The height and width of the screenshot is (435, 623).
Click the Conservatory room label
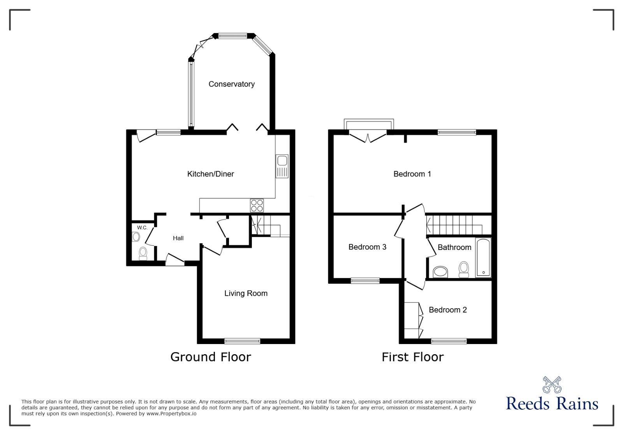click(231, 84)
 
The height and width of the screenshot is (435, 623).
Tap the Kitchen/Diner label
click(210, 174)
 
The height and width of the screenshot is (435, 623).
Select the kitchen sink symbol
click(282, 166)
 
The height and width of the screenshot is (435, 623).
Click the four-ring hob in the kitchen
click(257, 205)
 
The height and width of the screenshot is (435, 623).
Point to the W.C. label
click(142, 227)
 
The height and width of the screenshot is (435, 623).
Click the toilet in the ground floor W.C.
click(143, 253)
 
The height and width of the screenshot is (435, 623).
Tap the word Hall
click(178, 238)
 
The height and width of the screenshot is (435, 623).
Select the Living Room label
click(246, 293)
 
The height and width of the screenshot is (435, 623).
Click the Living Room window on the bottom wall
click(242, 341)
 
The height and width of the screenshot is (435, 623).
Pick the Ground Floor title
click(211, 357)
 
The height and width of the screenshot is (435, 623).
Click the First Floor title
click(412, 357)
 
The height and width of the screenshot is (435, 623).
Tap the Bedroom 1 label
click(412, 174)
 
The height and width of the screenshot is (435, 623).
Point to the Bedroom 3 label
click(367, 247)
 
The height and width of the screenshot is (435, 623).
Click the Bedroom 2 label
click(447, 310)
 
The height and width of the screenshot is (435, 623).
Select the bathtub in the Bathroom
click(483, 257)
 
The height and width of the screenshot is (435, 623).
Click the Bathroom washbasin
click(440, 271)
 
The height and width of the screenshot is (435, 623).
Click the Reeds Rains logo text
click(552, 404)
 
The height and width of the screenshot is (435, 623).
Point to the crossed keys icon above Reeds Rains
click(552, 384)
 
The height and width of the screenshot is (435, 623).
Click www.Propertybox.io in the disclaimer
click(171, 414)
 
